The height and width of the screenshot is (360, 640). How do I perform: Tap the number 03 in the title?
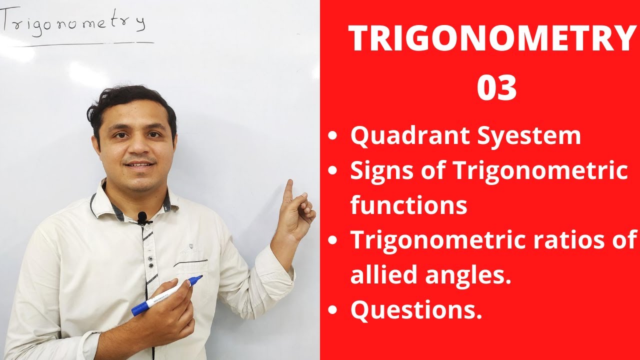point(496,88)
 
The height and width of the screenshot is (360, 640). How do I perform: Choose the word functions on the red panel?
point(408,205)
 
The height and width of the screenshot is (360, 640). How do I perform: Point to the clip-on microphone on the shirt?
point(142,217)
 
